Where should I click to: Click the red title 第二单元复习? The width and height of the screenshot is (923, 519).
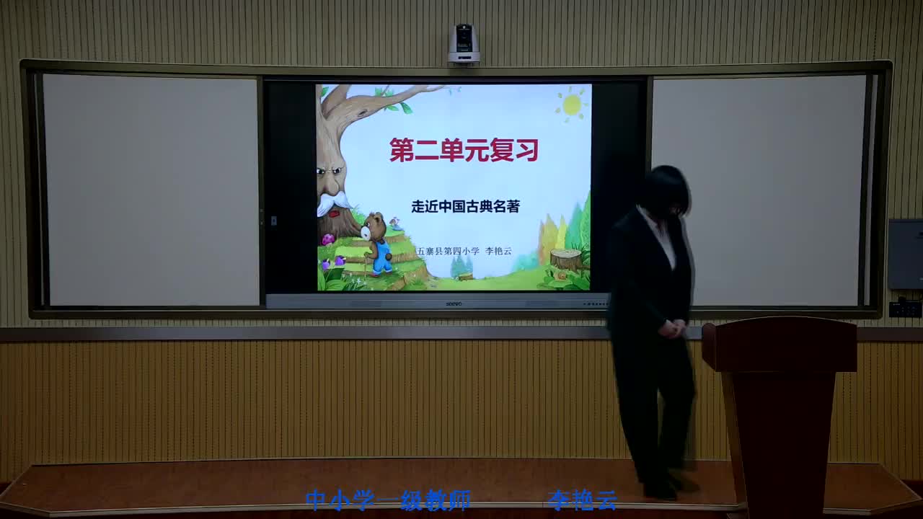pos(464,150)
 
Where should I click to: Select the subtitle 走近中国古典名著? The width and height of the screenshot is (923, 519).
pos(465,206)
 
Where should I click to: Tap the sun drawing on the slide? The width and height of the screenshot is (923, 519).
pos(572,105)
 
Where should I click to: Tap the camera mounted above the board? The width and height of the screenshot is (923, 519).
pos(464,44)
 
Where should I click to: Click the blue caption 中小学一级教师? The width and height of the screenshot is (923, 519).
pos(388,500)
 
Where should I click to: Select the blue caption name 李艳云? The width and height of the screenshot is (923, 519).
pos(582,500)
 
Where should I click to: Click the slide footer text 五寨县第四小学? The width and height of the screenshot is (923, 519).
pos(448,251)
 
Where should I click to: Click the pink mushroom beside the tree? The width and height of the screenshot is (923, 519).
pos(327,239)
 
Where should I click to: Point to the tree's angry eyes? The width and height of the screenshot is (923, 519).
pos(329,174)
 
